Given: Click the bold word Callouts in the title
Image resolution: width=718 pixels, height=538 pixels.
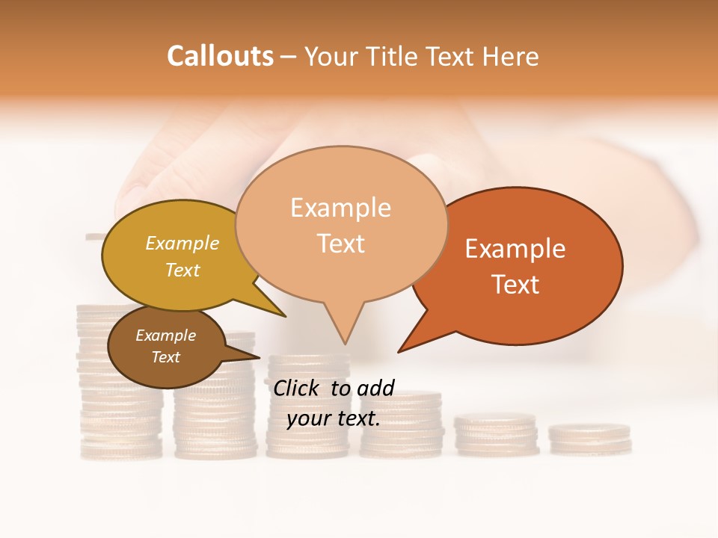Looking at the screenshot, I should point(220,56).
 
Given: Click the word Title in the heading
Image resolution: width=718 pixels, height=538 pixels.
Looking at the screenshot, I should point(396,56).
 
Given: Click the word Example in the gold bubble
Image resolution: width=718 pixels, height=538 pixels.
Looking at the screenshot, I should point(182,244).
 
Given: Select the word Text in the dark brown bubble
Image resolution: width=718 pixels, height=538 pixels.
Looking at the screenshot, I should point(165,357).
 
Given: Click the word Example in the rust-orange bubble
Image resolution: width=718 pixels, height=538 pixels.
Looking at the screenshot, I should point(515,249).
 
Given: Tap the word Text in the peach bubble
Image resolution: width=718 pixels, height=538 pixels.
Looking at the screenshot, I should point(341,244).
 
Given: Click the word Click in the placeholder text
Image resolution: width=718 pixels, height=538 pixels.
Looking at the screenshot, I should point(298,388).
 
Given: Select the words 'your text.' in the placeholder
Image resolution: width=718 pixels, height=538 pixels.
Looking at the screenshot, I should point(334,418).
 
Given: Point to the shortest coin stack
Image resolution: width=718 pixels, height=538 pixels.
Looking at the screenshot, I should point(589,439).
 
